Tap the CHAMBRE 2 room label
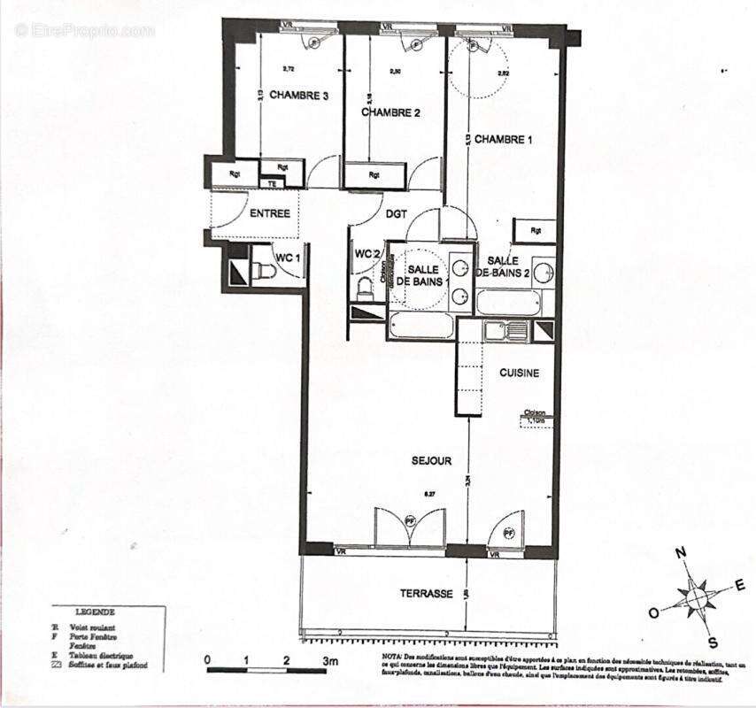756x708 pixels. click(390, 112)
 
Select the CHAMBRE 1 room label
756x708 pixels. click(504, 140)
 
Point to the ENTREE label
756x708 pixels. click(270, 213)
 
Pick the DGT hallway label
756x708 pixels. click(396, 213)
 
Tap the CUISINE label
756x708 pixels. click(519, 373)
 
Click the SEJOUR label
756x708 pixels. click(431, 461)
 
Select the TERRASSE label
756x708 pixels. click(427, 594)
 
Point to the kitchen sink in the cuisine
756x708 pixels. click(505, 331)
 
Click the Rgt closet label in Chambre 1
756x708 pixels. click(536, 231)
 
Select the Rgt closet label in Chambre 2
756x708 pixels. click(374, 174)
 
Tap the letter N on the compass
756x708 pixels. click(682, 553)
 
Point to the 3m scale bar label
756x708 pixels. click(330, 660)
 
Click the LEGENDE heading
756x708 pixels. click(95, 612)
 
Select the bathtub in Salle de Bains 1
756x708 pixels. click(421, 326)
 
